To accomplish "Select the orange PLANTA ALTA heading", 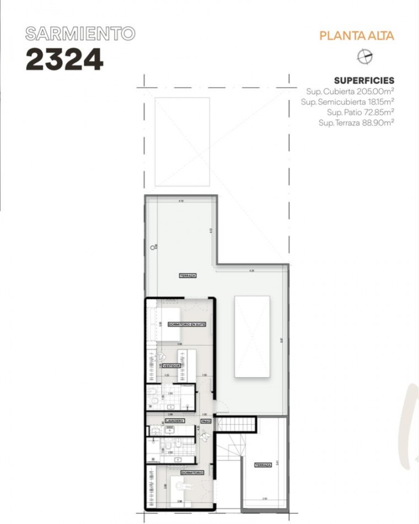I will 357,36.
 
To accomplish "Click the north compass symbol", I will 365,56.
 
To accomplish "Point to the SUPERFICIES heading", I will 364,81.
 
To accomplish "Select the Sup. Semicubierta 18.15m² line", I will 347,102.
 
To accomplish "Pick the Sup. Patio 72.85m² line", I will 360,113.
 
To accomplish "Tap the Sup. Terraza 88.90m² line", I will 356,123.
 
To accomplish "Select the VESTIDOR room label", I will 172,366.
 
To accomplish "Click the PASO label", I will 206,421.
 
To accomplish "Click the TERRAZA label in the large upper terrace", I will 187,275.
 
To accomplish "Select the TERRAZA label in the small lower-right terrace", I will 262,465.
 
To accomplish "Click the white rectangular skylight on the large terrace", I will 252,336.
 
